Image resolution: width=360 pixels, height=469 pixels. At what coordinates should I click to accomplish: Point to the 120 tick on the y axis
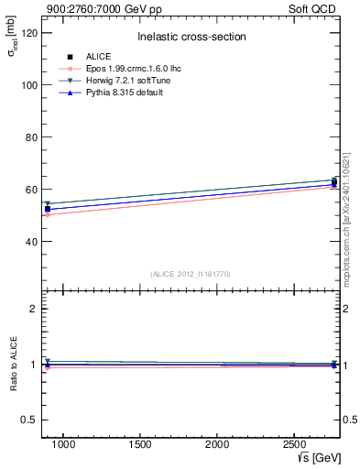pos(29,33)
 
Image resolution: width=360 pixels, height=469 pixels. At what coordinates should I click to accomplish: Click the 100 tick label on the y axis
pos(29,85)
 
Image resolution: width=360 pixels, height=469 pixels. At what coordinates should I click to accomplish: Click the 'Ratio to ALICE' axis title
pos(14,365)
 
